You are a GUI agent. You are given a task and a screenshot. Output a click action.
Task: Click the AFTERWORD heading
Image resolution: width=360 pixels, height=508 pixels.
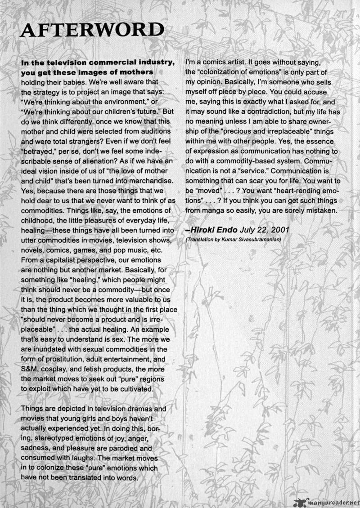point(92,30)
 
